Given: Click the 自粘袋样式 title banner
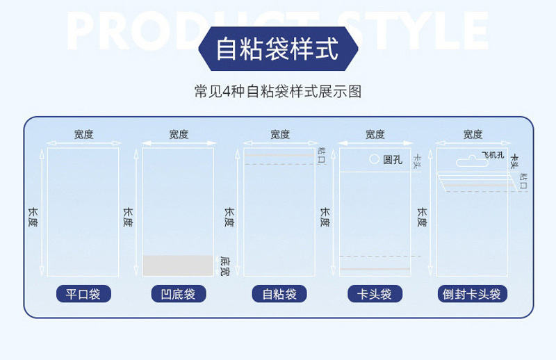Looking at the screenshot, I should pos(277,49).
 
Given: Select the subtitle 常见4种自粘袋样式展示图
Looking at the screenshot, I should pos(277,91).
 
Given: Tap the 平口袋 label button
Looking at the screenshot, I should pos(83,294).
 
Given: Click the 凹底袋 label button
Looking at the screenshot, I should pos(178,294).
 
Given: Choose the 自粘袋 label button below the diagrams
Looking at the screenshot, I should pos(279,294).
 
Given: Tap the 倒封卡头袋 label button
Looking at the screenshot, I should pos(472,294).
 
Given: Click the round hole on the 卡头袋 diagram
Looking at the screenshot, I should pos(374,158).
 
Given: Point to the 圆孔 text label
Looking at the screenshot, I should pos(393,159).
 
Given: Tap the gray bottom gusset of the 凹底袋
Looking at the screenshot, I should pos(178,265).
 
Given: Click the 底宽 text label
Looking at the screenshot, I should pos(224,265).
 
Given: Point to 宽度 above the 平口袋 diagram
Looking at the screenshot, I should pos(83,135).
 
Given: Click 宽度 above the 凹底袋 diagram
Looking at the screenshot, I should pos(179,135).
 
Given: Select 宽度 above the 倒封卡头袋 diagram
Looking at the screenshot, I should pos(473,135).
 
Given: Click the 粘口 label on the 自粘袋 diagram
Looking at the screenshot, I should pos(320,155).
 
